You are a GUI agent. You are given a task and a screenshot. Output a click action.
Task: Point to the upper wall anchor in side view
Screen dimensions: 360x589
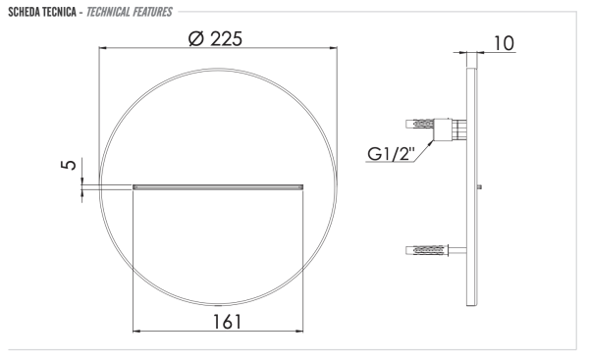(424, 125)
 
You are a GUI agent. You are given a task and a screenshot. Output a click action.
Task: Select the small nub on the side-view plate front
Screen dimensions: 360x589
(479, 186)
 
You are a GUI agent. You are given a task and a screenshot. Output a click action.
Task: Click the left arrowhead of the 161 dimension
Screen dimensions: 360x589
(135, 332)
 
